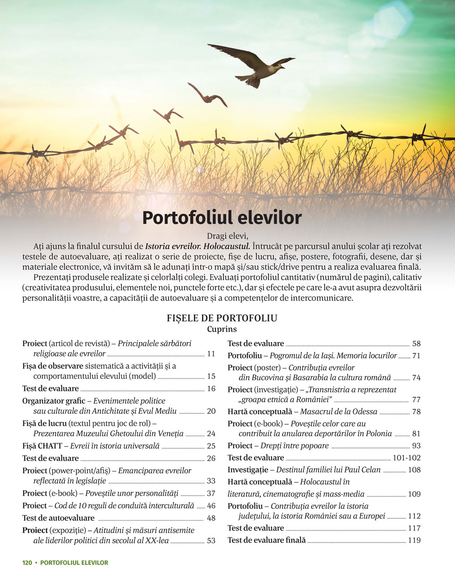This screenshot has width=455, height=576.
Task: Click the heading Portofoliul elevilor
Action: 222,218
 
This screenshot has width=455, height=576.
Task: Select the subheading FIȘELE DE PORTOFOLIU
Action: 222,318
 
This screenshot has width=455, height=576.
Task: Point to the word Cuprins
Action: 222,329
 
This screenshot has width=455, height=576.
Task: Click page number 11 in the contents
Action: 211,354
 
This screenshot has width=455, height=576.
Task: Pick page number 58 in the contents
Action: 416,343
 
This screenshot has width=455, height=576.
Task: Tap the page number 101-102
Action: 407,458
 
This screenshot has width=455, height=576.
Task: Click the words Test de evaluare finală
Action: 267,540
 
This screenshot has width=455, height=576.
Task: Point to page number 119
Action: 414,540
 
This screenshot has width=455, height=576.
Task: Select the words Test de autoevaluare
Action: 58,518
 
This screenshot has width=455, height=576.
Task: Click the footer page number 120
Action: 27,562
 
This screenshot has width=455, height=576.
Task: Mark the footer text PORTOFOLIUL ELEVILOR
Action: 74,562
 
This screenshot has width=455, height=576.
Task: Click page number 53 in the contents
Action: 211,541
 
